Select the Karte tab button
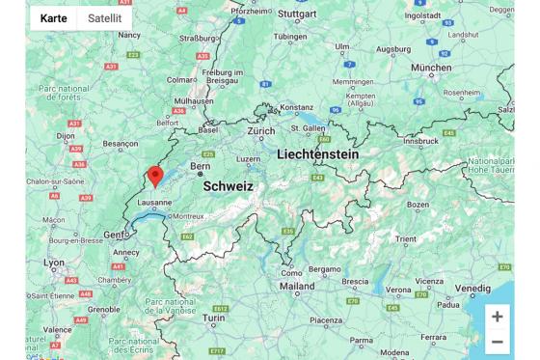coord(53,18)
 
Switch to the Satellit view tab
coord(104,18)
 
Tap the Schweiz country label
coord(228,186)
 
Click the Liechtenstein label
coord(317,154)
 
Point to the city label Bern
coord(201,166)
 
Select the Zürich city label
coord(260,130)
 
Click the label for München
coord(431,69)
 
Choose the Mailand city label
coord(297,286)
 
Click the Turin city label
coord(212,318)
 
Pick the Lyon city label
coord(54,263)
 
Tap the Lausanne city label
coord(154,203)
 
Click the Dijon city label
coord(66,137)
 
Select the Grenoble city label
coord(103,311)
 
